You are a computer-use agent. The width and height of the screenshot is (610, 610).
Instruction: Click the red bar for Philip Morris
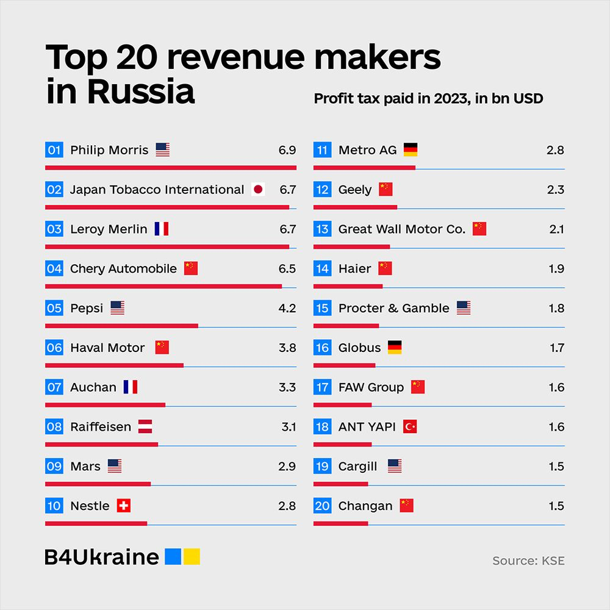171,168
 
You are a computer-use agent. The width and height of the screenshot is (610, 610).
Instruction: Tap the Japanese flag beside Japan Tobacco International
258,190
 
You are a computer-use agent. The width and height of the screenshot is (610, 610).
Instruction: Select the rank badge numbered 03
54,229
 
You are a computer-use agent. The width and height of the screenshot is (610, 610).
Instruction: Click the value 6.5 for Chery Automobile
287,269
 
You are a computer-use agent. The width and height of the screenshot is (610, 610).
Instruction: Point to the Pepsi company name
87,308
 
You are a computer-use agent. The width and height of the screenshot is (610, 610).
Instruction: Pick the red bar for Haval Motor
114,365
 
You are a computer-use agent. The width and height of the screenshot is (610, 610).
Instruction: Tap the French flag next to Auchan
130,387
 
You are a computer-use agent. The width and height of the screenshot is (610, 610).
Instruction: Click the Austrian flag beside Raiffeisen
145,427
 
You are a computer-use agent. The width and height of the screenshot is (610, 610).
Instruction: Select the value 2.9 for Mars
287,467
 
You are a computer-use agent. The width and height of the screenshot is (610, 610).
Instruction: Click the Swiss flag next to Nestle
124,506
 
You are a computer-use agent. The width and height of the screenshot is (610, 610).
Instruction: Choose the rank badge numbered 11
322,150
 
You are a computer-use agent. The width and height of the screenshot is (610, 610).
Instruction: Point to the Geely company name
355,190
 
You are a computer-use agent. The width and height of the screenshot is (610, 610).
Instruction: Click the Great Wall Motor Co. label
402,229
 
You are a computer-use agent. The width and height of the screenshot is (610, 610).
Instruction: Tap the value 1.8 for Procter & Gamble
556,308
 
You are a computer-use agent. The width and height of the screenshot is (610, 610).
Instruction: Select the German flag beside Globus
395,348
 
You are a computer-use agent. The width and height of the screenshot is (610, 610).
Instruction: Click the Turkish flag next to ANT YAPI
410,427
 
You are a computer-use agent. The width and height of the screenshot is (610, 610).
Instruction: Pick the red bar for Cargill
340,484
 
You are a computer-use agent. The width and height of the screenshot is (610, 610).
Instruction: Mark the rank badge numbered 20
322,506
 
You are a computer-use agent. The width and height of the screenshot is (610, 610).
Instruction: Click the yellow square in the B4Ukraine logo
192,557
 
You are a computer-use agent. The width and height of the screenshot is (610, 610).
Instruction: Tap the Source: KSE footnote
528,561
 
